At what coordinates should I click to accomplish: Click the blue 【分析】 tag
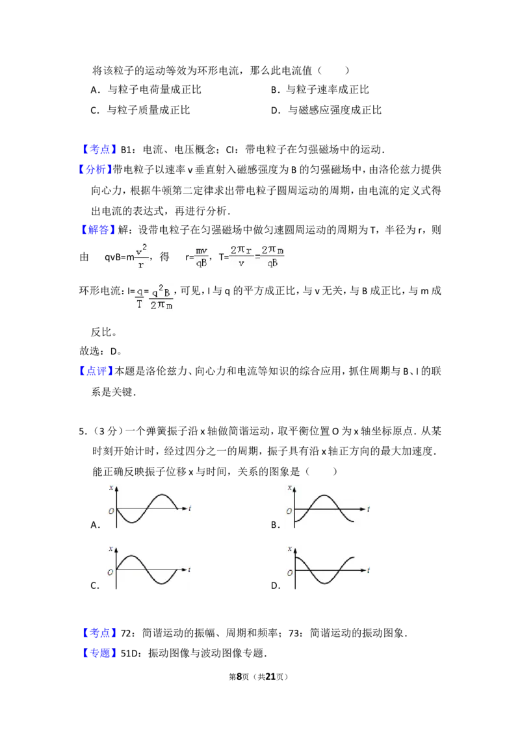pos(94,169)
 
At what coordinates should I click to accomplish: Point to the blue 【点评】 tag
pos(96,371)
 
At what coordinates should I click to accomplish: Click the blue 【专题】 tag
pos(99,653)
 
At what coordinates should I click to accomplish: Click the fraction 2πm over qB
pos(272,256)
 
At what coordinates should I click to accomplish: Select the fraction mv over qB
pos(201,257)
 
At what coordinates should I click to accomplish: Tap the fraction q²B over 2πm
pos(161,297)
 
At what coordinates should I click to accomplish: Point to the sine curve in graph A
pos(147,508)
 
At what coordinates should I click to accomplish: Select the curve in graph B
pos(324,508)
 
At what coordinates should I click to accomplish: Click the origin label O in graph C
pos(110,572)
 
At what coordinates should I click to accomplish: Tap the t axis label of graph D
pos(369,571)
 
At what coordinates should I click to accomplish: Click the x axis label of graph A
pos(111,488)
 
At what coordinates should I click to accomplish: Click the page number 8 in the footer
pos(239,677)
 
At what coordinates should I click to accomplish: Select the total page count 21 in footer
pos(270,677)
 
